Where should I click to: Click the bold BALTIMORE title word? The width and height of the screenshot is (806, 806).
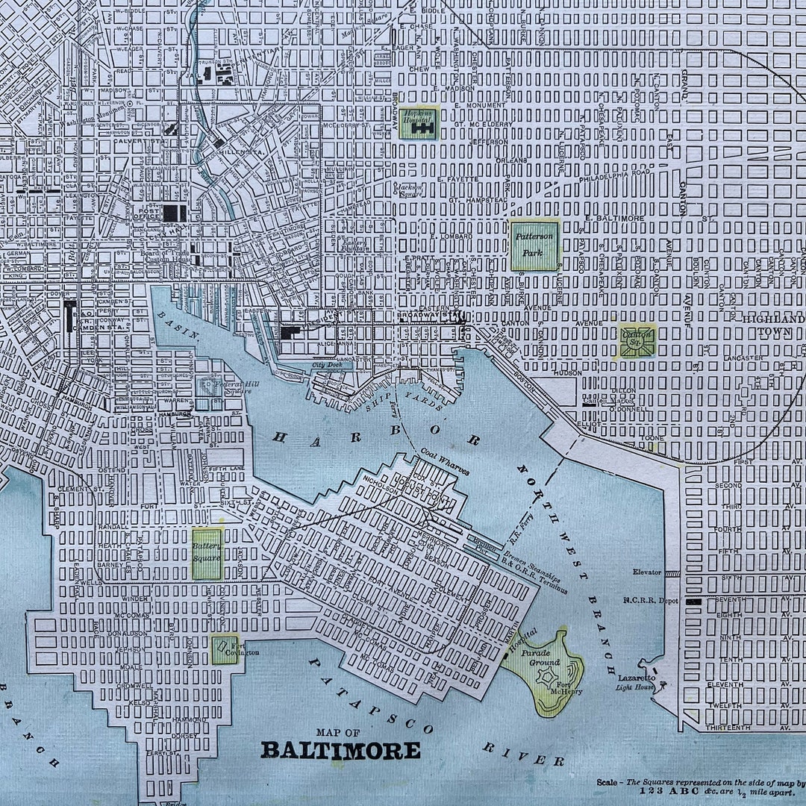pyautogui.click(x=340, y=750)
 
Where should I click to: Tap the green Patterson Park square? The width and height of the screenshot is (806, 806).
pyautogui.click(x=534, y=246)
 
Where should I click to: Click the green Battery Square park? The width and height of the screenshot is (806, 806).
pyautogui.click(x=207, y=554)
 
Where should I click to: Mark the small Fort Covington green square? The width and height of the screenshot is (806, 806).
pyautogui.click(x=223, y=649)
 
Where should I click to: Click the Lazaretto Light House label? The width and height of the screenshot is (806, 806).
pyautogui.click(x=636, y=681)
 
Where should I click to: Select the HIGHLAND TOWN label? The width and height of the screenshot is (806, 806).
pyautogui.click(x=773, y=324)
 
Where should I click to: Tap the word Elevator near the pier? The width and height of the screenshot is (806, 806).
pyautogui.click(x=646, y=572)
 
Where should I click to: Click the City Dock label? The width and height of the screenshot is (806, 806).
pyautogui.click(x=326, y=366)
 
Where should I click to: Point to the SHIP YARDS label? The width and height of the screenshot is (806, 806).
pyautogui.click(x=404, y=399)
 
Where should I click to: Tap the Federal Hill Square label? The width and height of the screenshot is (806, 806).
pyautogui.click(x=224, y=387)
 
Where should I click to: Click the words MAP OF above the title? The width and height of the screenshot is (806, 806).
pyautogui.click(x=337, y=731)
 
